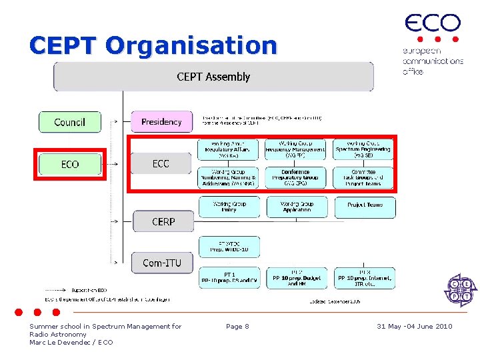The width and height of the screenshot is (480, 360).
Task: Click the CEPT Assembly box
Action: point(213,77)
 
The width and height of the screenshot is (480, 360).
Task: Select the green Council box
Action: point(69,122)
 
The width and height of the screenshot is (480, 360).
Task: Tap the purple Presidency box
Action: point(161,122)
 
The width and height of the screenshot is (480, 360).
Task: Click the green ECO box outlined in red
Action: point(70,164)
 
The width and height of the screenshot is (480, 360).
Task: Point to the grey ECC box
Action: point(161,163)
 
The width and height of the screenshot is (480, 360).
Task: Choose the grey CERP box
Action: point(163,221)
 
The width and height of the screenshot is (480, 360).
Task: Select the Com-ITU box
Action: point(161,263)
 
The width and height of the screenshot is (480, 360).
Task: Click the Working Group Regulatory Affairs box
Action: point(229,149)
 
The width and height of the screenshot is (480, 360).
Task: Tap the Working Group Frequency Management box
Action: point(296,149)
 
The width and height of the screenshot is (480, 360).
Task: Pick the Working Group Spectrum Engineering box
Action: point(363,149)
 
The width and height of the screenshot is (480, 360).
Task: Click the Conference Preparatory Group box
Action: point(296,177)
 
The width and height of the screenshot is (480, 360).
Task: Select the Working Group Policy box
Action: point(229,207)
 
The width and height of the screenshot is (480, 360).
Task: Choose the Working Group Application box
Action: point(297,207)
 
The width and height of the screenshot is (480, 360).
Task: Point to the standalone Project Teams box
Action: point(365,206)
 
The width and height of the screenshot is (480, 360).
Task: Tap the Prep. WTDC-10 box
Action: point(229,247)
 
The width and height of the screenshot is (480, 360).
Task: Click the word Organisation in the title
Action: point(191,45)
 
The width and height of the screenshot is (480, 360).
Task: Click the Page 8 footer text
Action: point(237,326)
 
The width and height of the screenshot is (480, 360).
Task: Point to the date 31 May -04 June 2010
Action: point(414,326)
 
